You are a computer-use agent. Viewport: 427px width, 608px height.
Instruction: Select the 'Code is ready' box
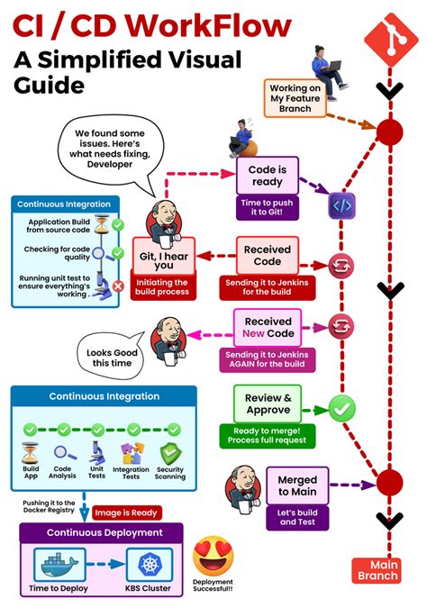pos(267,175)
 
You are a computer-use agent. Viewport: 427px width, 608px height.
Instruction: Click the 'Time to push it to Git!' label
pos(267,208)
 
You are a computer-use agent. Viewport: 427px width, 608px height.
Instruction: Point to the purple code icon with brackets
pos(342,204)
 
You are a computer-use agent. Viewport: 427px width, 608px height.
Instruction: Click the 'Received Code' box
pos(267,254)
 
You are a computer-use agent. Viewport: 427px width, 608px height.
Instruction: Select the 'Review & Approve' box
pos(268,404)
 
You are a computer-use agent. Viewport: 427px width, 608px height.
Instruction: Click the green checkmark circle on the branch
pos(341,408)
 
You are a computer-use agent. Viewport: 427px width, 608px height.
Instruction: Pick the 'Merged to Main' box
pos(297,486)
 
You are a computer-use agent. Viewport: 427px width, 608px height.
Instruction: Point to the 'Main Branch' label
pos(377,570)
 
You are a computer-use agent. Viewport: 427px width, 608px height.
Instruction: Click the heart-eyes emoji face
pos(213,557)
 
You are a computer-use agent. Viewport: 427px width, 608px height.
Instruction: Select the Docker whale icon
pos(63,565)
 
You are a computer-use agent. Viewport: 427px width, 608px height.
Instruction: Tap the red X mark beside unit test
pos(117,286)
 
